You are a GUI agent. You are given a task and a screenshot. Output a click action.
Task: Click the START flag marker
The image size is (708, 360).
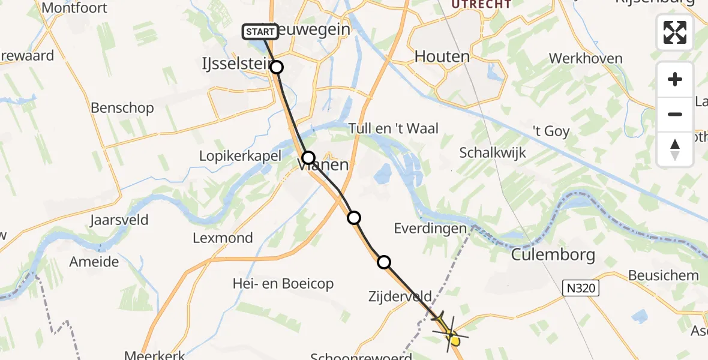point(260,31)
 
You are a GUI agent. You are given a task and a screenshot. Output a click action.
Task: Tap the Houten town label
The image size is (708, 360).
point(442,57)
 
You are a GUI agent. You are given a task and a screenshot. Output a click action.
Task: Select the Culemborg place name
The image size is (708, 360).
point(553,255)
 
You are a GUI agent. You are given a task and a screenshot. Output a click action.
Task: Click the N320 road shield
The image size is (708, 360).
point(582,289)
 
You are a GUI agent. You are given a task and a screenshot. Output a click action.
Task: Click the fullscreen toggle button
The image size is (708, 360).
point(675,32)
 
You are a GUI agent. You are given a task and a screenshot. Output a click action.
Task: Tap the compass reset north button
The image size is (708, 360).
point(675,149)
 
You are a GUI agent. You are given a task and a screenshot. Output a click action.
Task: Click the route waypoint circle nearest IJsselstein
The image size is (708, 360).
point(276,67)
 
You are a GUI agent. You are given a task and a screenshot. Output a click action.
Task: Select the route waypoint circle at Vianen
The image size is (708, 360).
point(308,158)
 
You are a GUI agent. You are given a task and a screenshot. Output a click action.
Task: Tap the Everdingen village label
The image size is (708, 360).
point(430,229)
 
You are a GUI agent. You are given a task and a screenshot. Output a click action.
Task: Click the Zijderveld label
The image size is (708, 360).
point(400,296)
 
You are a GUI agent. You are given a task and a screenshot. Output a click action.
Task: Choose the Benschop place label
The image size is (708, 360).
point(122,108)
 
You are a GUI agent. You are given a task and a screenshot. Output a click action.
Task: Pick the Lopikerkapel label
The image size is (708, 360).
point(240,156)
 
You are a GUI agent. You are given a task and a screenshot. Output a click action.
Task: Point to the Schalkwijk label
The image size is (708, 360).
point(493,152)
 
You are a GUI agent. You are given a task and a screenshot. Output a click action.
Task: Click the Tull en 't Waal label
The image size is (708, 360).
point(394,128)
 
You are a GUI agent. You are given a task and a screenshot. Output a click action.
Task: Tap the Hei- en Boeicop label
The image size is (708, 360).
point(283,284)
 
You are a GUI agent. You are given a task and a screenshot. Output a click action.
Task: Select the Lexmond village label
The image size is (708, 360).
point(223,238)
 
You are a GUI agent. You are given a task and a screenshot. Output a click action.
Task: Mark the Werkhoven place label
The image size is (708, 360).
point(586,59)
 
